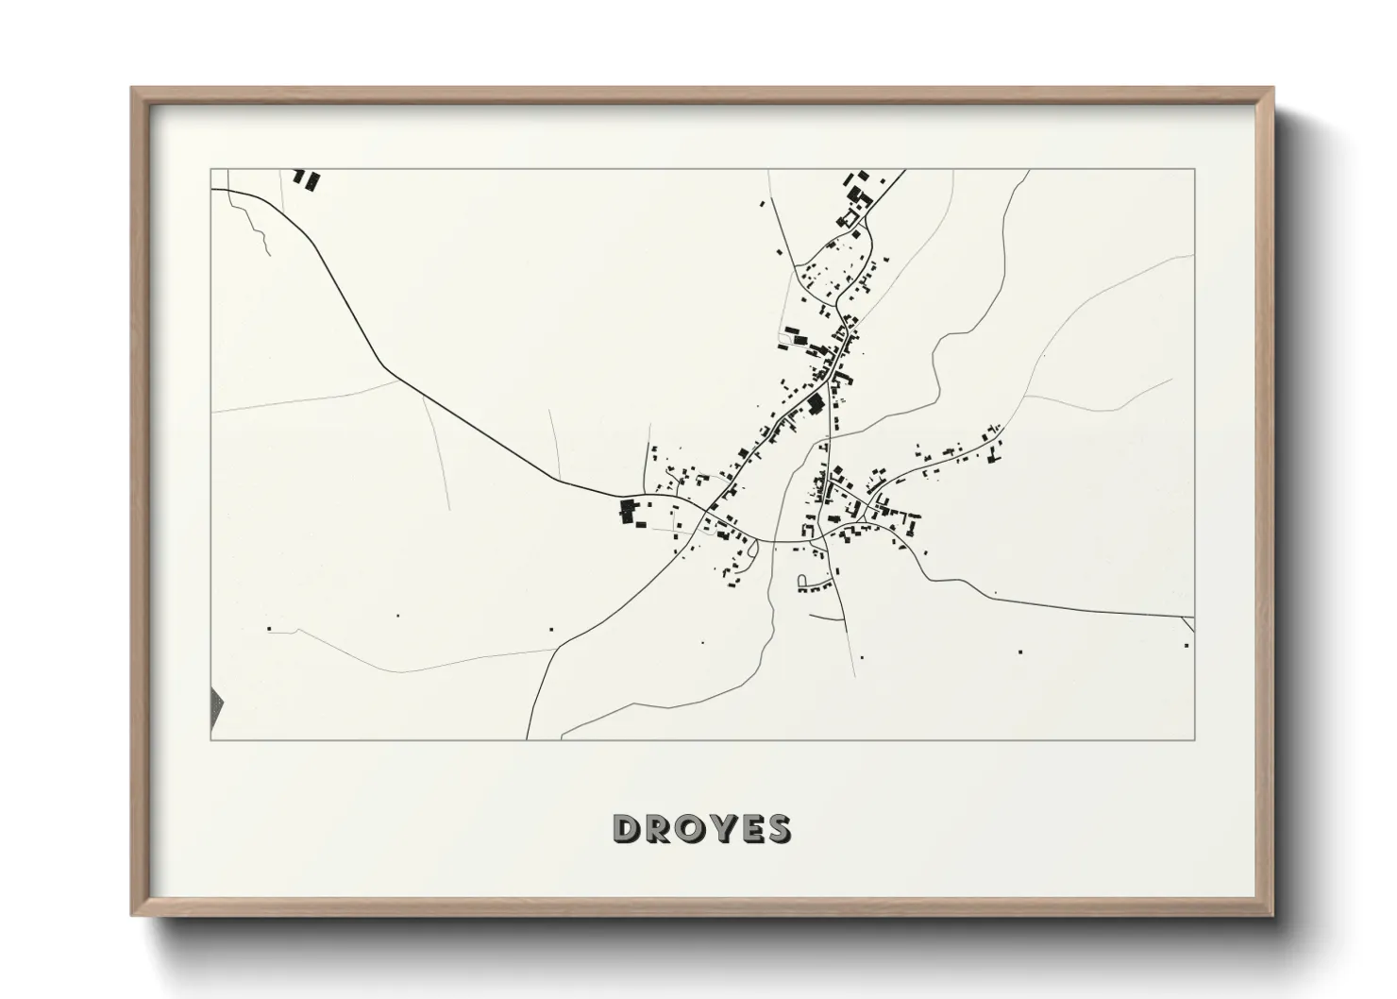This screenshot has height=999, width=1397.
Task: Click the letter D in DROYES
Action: (x=628, y=828)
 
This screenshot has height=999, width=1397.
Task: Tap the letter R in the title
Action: (x=661, y=828)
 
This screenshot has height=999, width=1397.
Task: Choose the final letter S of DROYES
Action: (x=779, y=828)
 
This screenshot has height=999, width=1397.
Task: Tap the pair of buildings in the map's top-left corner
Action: (x=305, y=178)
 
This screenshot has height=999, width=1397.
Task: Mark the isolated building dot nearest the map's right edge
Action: (x=1187, y=645)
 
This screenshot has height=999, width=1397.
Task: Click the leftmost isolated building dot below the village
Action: (x=269, y=628)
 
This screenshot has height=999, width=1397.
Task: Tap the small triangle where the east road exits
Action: (x=1188, y=623)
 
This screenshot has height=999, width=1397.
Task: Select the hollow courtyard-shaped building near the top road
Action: (x=850, y=219)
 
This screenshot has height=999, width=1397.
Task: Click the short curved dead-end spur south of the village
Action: (x=827, y=618)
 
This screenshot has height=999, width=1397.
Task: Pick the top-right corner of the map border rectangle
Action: (x=1194, y=170)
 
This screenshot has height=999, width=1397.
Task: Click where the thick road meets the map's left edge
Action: (x=211, y=190)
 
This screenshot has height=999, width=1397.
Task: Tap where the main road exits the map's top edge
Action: (x=904, y=171)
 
